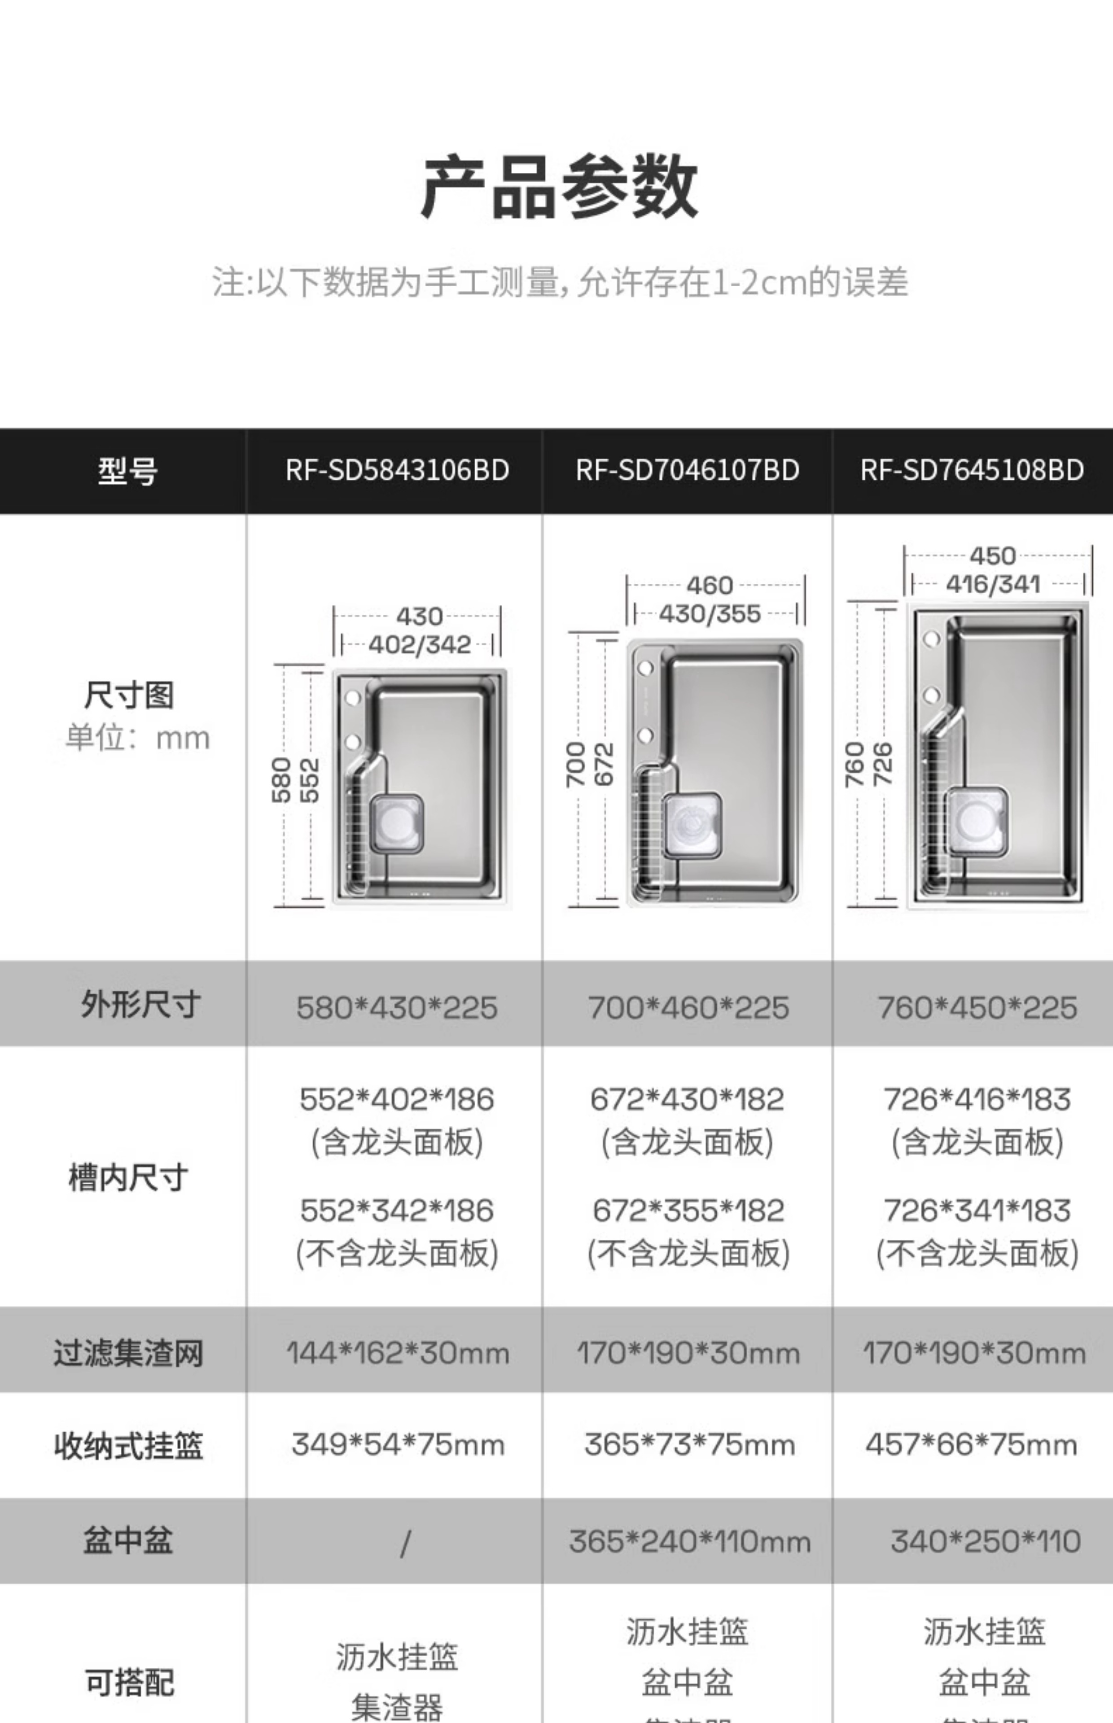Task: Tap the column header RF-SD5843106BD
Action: coord(397,470)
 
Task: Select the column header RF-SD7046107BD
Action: coord(687,470)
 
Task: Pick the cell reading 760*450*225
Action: coord(977,1007)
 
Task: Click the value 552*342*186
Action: coord(397,1211)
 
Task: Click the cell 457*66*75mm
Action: coord(971,1445)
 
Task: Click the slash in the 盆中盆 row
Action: coord(405,1544)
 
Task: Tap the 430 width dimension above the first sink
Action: coord(419,616)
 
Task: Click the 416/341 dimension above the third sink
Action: coord(993,584)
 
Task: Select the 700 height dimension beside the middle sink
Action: coord(575,764)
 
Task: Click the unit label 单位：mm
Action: coord(137,738)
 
